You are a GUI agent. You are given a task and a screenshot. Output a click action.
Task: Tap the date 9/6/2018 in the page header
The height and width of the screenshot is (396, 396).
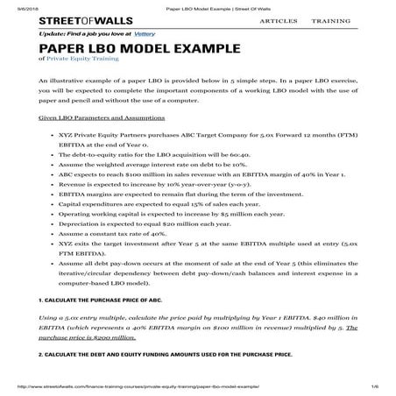click(x=16, y=4)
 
